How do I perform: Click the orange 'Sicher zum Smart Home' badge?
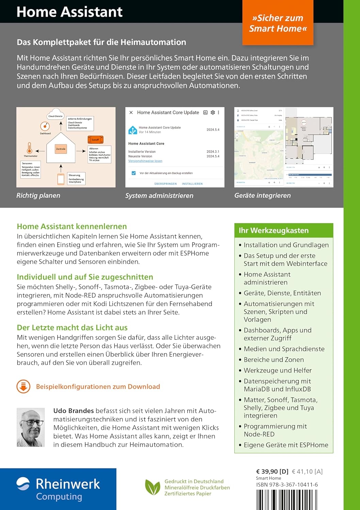pos(278,23)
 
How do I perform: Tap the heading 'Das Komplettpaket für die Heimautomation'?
pos(101,42)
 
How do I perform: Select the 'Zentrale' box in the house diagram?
pos(61,149)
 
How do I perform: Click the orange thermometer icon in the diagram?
pos(29,148)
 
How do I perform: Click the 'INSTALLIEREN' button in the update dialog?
pos(192,184)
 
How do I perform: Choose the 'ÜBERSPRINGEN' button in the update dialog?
pos(165,184)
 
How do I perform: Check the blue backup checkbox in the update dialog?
pos(134,173)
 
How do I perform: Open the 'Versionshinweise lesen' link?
pos(145,161)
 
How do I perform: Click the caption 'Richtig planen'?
pos(38,195)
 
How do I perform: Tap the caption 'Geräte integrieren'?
pos(262,195)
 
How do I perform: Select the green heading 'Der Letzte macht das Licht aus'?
pos(72,327)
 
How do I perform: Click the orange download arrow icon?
pos(23,387)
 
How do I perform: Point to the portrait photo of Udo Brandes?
pos(31,427)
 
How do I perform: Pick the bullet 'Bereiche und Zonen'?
pos(274,359)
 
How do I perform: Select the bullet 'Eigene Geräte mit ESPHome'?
pos(286,445)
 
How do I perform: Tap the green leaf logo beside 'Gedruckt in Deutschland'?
pos(152,487)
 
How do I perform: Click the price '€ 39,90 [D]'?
pos(272,472)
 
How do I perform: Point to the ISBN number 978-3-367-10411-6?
pos(287,485)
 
